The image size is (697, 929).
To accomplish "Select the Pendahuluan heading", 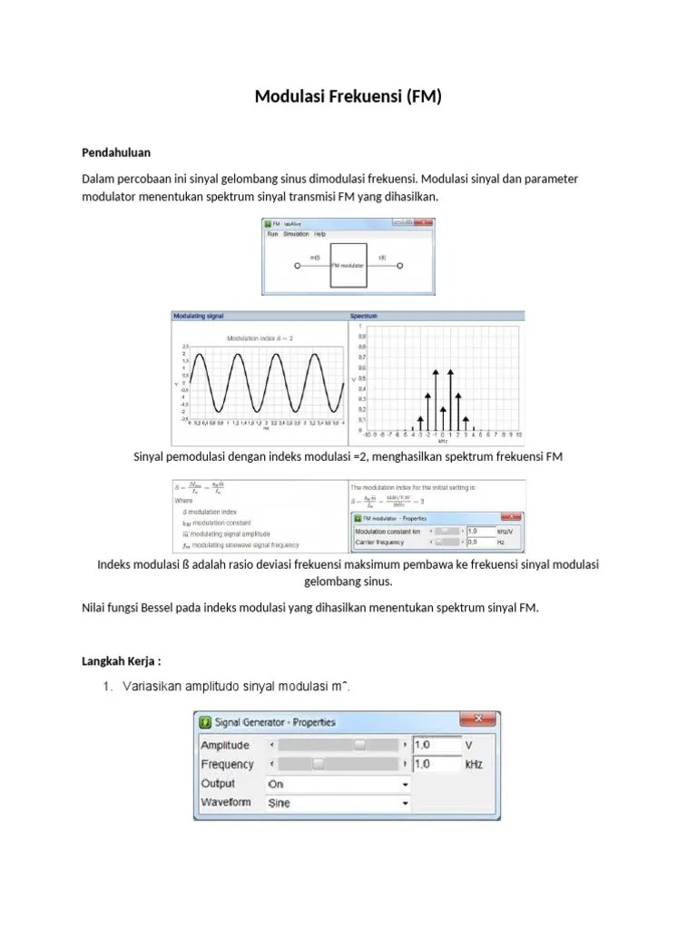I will point(116,152).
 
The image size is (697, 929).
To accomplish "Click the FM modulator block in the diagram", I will point(348,266).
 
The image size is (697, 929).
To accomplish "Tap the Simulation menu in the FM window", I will point(296,234).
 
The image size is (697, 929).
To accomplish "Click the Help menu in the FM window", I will point(319,234).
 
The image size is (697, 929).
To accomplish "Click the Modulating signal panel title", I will point(198,317).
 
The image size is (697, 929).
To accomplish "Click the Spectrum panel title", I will point(365,317).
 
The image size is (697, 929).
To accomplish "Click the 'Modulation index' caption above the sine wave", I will point(260,337).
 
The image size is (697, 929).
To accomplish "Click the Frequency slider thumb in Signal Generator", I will point(318,764).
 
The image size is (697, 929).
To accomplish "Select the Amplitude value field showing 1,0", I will point(434,745).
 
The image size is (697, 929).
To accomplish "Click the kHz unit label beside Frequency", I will point(474,765).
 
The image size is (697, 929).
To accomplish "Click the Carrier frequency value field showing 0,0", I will point(479,542).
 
